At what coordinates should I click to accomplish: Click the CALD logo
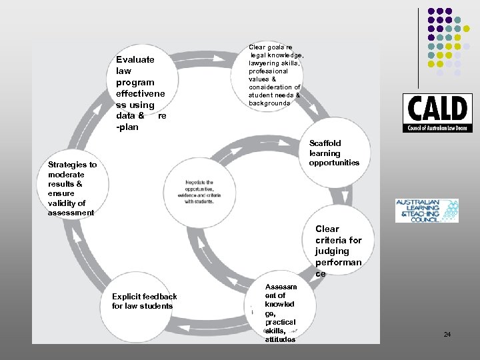437,112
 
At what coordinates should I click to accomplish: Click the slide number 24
447,334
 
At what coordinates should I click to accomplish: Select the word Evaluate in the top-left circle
135,59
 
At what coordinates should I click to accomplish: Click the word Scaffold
325,143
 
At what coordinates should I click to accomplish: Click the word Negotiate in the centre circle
199,183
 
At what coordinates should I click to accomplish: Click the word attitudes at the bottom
279,339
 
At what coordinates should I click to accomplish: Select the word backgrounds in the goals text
269,103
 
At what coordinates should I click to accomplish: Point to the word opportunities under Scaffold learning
334,163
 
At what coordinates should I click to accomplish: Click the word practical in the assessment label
280,322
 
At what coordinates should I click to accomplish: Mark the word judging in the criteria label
332,251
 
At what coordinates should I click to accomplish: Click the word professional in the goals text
269,71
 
